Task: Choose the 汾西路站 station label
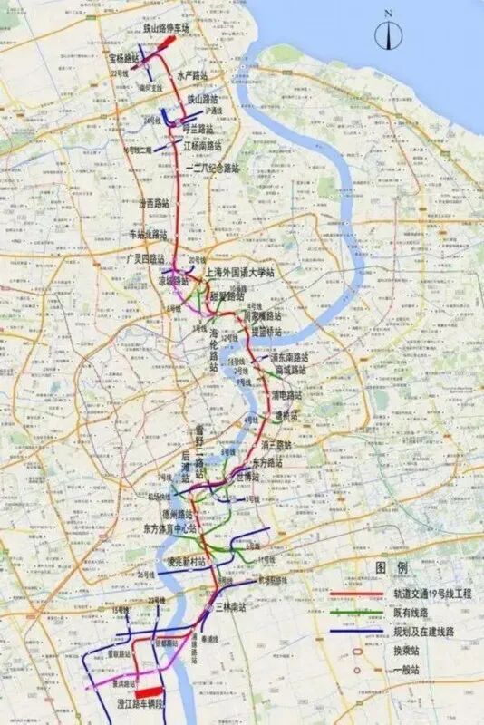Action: coord(153,204)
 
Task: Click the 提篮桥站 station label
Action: coord(268,333)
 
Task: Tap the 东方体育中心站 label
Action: coord(170,527)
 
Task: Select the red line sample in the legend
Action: coord(354,594)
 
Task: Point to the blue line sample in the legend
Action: coord(354,632)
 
